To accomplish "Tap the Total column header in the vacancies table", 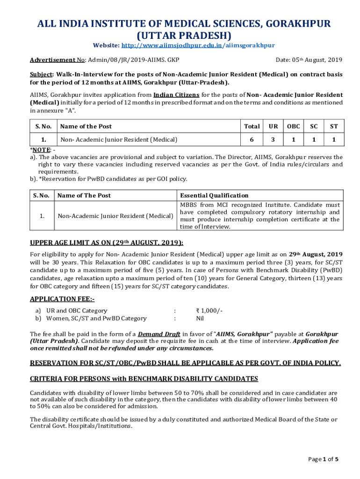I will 252,126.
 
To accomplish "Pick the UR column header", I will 273,126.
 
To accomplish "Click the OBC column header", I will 294,126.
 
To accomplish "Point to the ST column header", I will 334,126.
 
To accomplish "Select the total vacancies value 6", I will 252,139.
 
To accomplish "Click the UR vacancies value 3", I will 273,139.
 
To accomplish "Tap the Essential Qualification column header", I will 214,196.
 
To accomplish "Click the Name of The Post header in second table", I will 84,196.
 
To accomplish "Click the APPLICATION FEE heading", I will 62,299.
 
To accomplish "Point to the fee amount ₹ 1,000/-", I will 209,311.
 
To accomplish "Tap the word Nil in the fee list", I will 200,319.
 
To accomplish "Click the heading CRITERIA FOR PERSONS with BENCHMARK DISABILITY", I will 144,378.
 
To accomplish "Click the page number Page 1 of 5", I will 323,459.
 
